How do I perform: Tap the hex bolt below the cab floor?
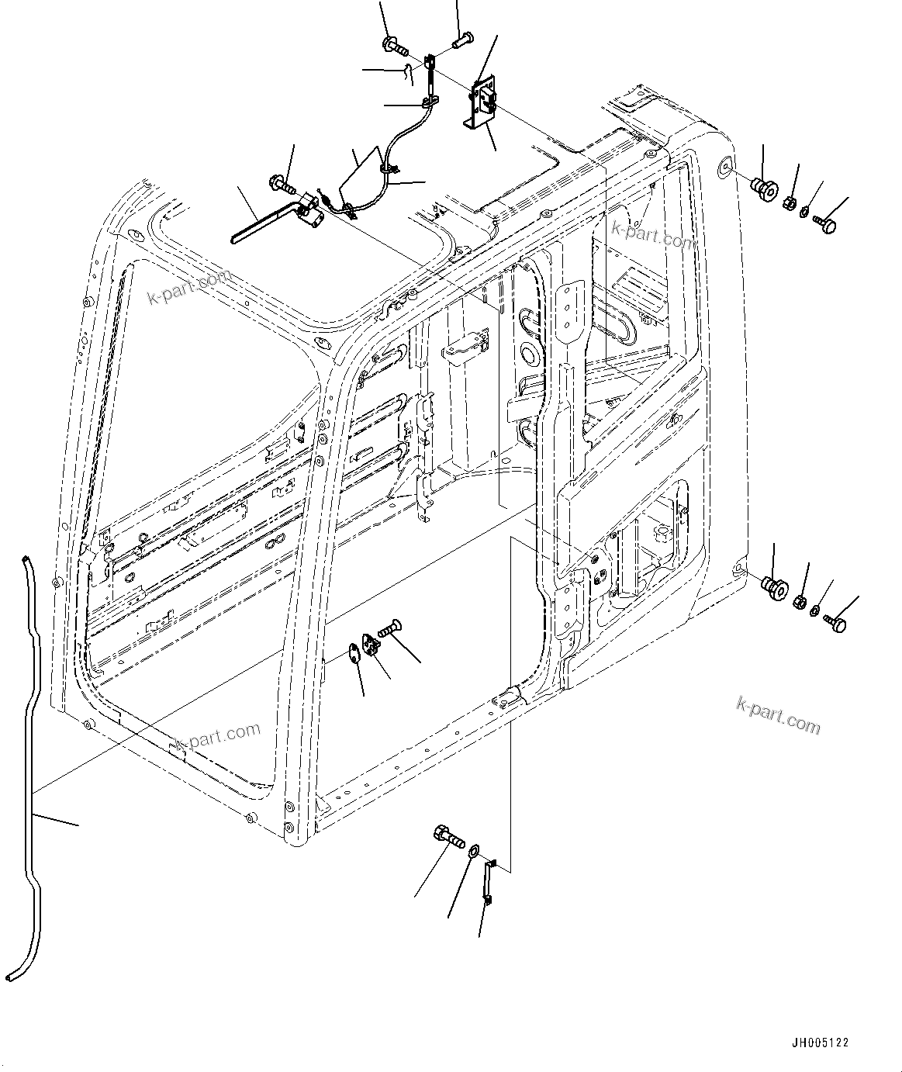click(x=448, y=837)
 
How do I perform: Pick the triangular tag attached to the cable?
click(x=356, y=174)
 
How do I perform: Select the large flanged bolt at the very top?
click(x=395, y=46)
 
